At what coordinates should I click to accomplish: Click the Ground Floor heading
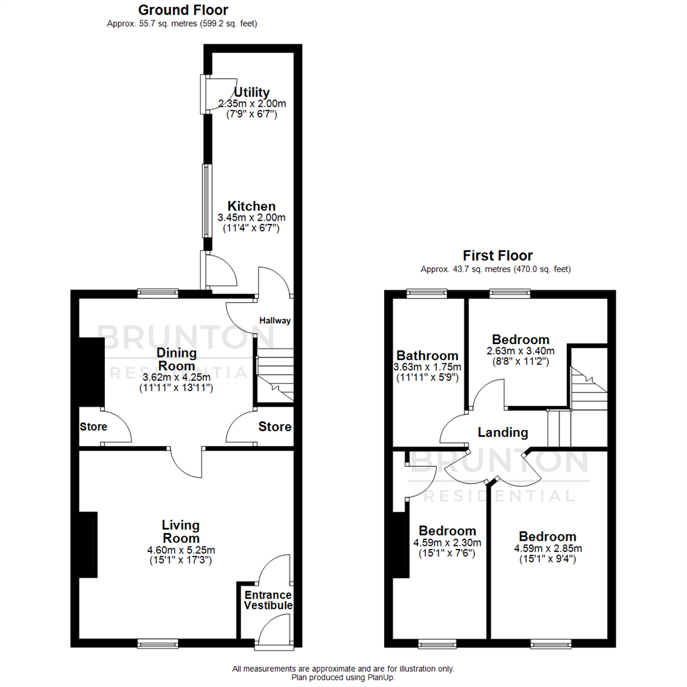coord(183,10)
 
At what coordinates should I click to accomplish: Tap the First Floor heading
coord(497,256)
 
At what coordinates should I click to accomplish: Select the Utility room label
coord(252,92)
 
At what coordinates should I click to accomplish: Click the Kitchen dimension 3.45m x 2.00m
coord(251,218)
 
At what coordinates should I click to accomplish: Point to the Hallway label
coord(275,321)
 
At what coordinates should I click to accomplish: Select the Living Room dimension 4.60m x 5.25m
coord(181,550)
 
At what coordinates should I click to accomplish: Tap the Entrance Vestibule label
coord(268,600)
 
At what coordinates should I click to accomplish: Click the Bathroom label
coord(427,356)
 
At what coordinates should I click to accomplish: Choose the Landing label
coord(503,433)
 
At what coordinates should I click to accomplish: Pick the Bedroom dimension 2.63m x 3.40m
coord(520,350)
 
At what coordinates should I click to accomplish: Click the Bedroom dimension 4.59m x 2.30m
coord(447,543)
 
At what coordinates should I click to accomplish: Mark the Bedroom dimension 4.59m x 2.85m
coord(547,548)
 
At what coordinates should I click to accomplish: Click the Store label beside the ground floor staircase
coord(275,426)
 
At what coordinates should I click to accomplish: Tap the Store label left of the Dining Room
coord(93,427)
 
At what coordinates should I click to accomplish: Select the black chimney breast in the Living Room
coord(88,545)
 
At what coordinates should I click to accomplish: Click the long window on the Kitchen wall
coord(206,200)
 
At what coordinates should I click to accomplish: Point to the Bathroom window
coord(427,293)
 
